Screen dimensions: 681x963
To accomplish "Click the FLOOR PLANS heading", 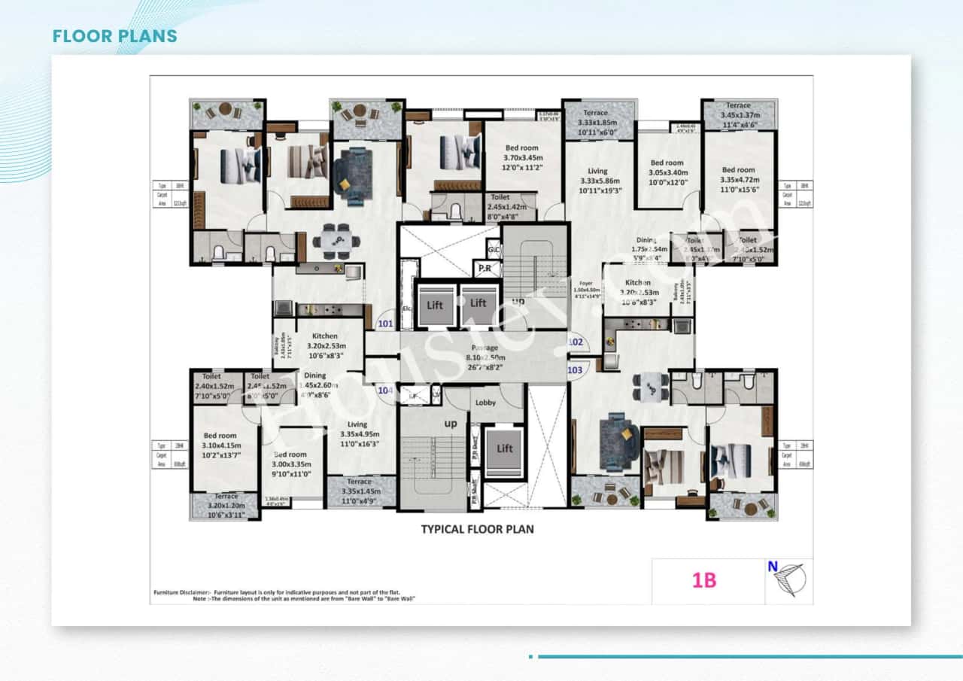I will (115, 36).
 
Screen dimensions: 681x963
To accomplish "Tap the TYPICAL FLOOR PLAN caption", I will (477, 529).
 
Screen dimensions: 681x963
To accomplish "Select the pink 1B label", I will (704, 581).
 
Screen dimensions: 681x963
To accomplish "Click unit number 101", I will (385, 325).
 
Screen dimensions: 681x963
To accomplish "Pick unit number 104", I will (385, 391).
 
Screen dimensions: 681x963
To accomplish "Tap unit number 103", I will (575, 370).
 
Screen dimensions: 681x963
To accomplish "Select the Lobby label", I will (485, 403).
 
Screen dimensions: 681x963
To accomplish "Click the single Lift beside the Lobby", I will (504, 448).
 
